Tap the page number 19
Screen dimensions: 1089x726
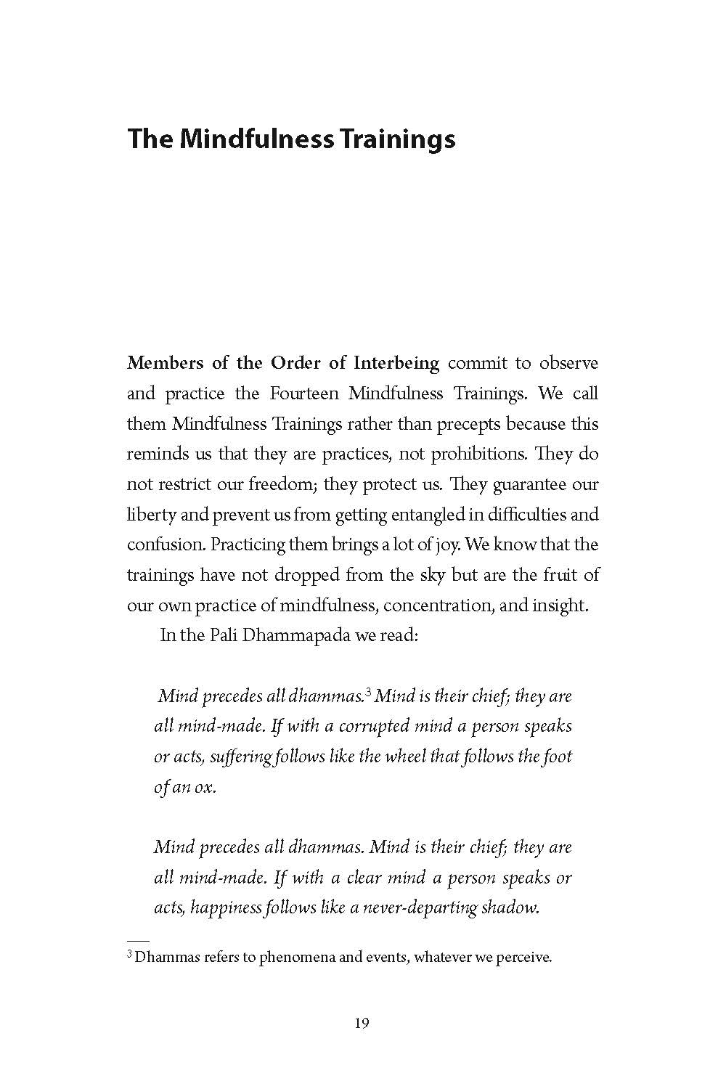[x=362, y=1024]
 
